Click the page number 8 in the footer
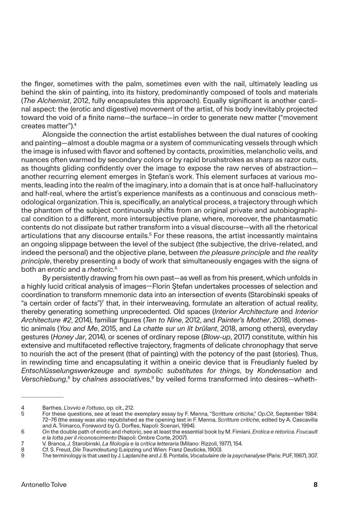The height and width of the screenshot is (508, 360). click(316, 484)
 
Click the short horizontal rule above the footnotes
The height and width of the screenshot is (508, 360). click(42, 397)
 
